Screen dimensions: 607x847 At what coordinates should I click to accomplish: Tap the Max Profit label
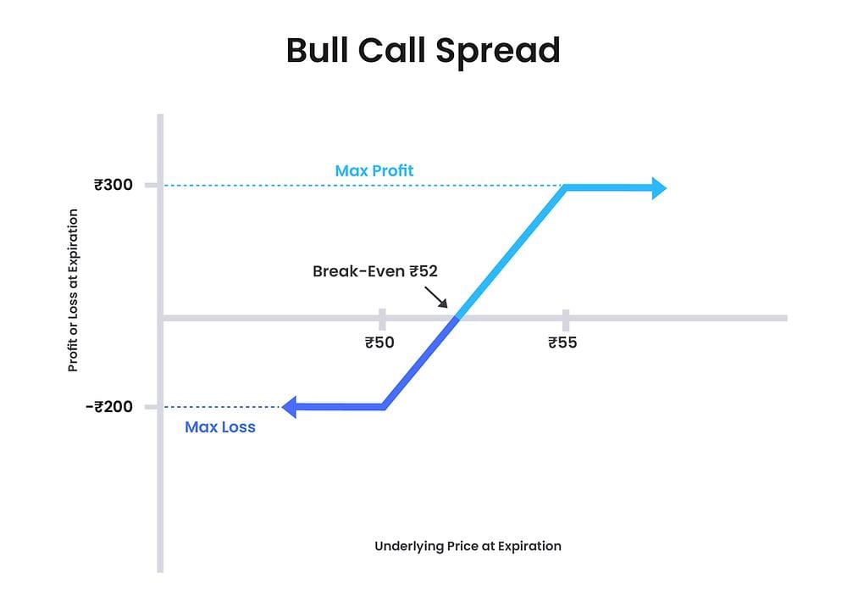374,170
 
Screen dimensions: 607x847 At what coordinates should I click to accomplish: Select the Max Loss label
220,427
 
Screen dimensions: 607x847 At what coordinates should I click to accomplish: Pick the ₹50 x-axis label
381,342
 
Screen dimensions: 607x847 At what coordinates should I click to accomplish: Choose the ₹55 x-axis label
563,342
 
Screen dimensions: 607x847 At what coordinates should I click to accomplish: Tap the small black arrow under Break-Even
436,297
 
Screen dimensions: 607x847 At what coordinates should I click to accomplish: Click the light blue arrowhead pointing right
656,187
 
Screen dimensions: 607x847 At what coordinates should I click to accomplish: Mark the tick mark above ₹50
382,319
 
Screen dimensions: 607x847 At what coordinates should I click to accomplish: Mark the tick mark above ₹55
564,319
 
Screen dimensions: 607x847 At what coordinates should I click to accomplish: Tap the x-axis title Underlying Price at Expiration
468,546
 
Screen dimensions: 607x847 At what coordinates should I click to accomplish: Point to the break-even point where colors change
457,318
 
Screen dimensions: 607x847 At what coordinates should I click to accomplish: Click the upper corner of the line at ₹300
565,188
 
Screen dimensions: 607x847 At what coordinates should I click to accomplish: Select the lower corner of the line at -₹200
384,407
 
